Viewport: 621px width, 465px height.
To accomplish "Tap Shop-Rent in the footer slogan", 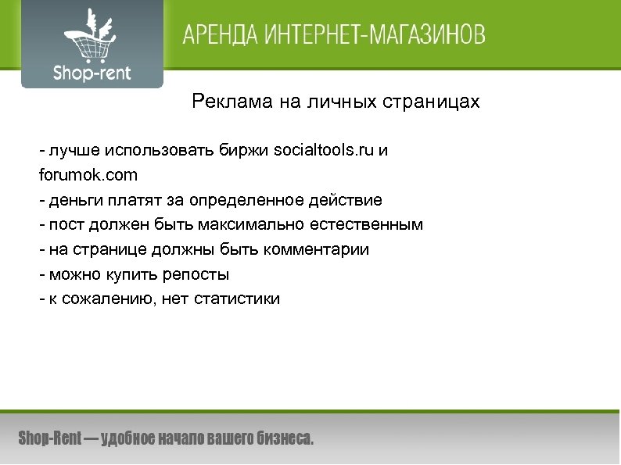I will pyautogui.click(x=48, y=438).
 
